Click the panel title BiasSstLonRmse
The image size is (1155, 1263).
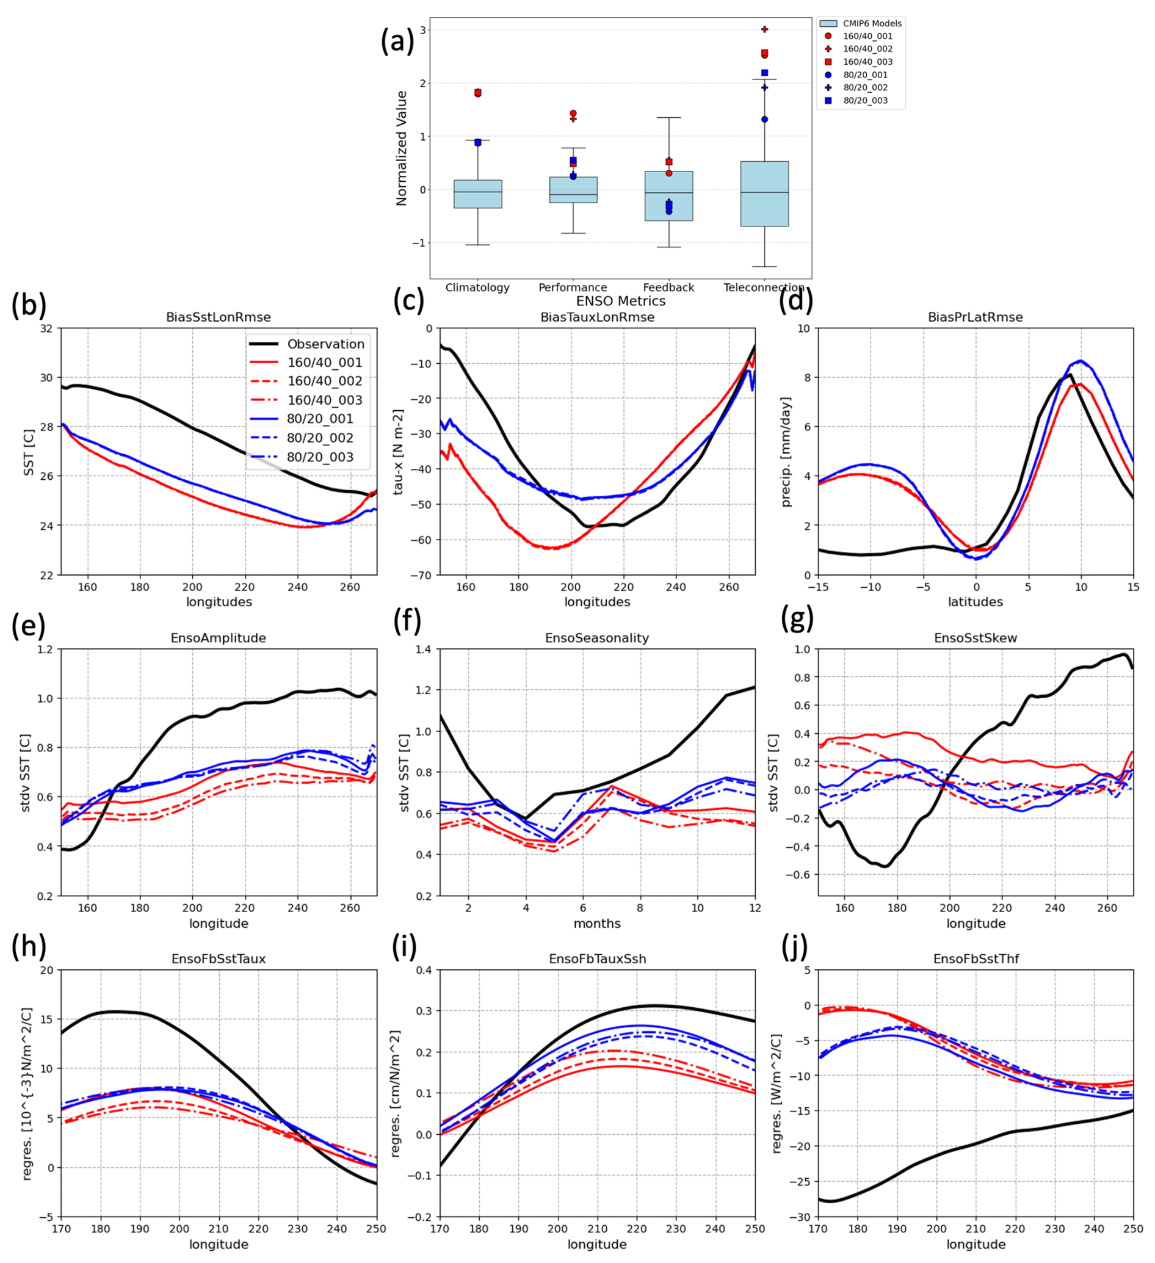[x=218, y=317]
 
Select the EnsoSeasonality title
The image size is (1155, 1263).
[x=596, y=638]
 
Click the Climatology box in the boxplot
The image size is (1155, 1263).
[x=477, y=194]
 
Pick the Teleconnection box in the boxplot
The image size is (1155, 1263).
[x=764, y=194]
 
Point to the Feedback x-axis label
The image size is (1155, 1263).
[x=668, y=288]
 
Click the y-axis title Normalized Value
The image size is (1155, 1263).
[x=402, y=148]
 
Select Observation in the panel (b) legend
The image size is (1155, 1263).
[x=325, y=344]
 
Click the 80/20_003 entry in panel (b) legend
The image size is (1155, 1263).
[x=319, y=457]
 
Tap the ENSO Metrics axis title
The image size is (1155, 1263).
[x=620, y=302]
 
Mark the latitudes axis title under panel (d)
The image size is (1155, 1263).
[x=976, y=602]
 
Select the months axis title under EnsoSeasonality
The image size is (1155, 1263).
[x=597, y=923]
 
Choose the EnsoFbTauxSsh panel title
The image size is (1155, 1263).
[x=597, y=958]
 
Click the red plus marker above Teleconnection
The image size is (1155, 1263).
[x=764, y=29]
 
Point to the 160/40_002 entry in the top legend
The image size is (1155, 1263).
[x=867, y=49]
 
